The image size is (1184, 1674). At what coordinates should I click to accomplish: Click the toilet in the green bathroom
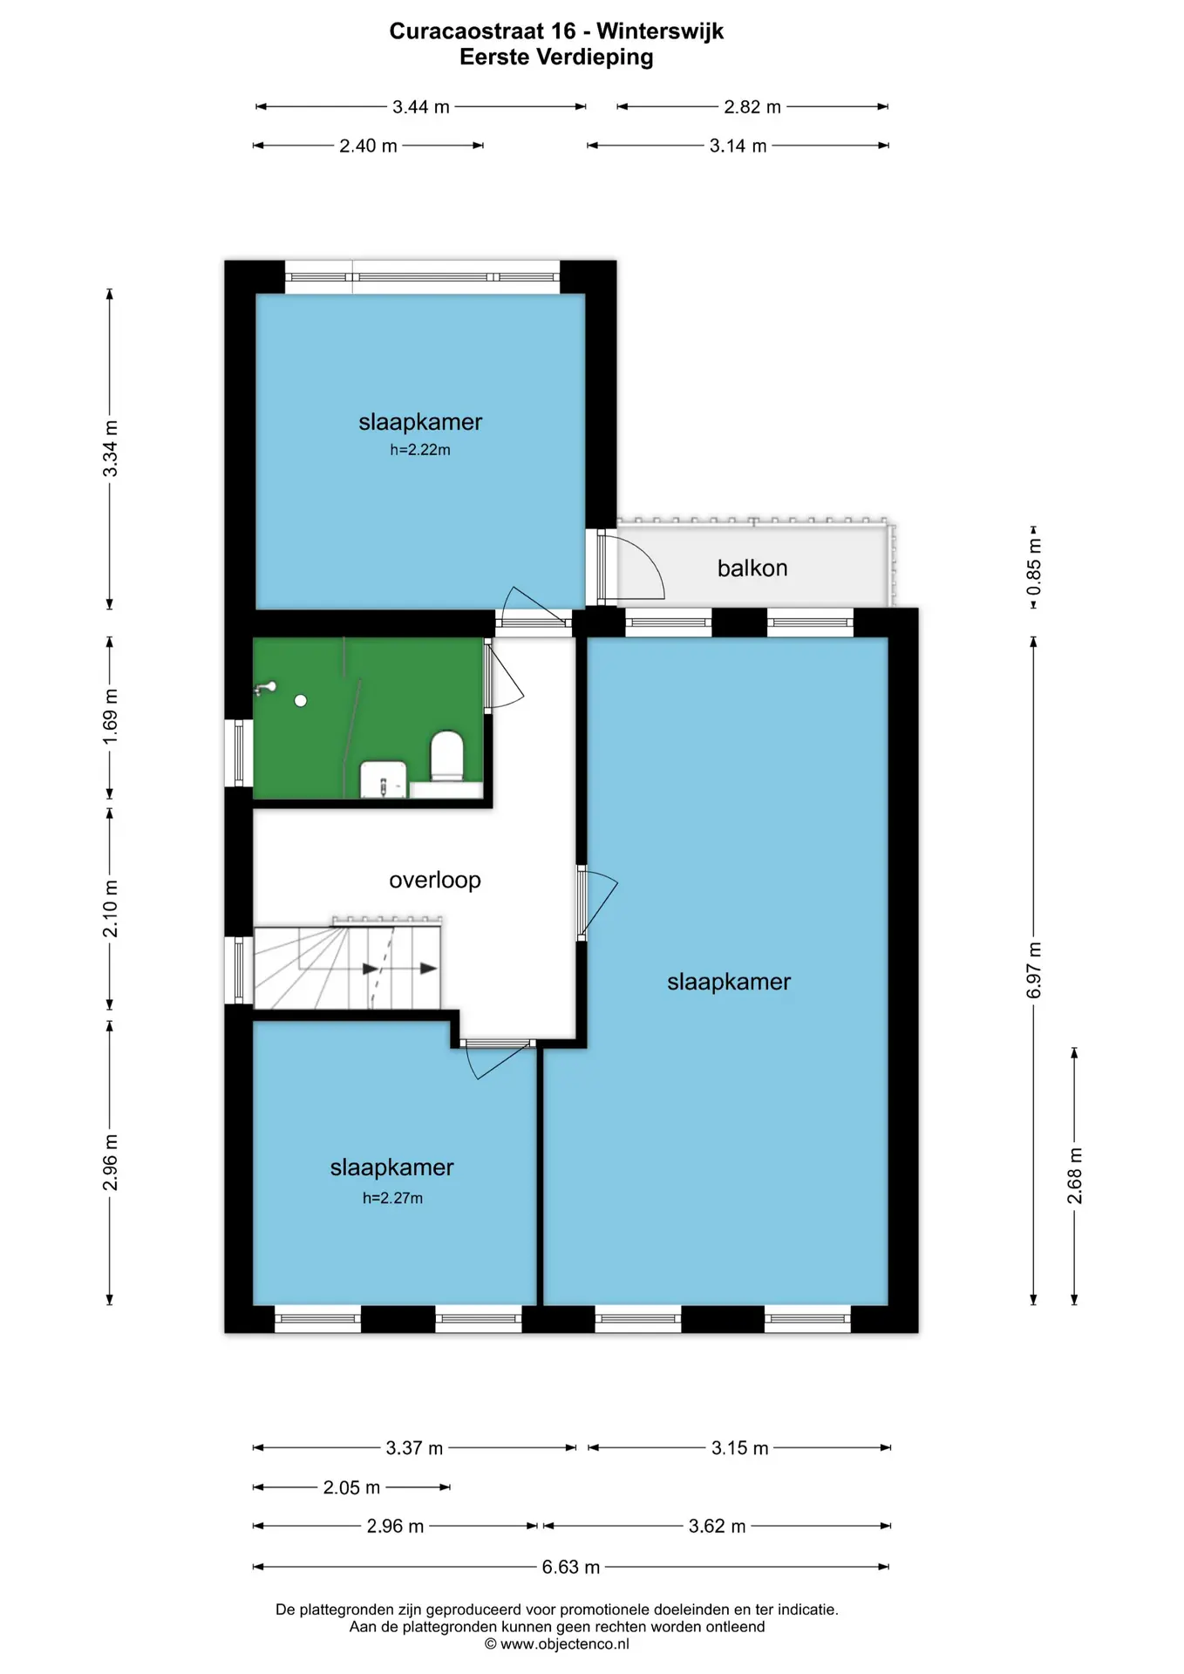coord(447,757)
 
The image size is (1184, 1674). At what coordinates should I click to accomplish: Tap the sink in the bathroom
coord(384,779)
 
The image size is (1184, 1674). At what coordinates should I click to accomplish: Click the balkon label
coord(752,568)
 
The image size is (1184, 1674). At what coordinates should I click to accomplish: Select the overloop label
coord(435,880)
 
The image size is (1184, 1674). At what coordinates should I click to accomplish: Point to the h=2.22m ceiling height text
coord(420,450)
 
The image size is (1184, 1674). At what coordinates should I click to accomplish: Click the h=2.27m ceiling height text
coord(392,1198)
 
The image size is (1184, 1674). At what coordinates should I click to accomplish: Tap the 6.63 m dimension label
coord(571,1567)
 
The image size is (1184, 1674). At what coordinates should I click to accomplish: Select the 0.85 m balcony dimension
coord(1034,567)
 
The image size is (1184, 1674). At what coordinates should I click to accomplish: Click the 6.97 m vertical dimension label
coord(1034,970)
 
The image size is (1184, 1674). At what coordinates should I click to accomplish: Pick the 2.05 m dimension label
coord(351,1487)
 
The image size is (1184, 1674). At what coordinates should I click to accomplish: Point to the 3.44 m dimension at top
coord(421,107)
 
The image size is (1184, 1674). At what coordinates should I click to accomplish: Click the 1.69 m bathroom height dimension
coord(111,718)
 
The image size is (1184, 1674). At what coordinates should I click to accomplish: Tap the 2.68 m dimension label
coord(1075,1176)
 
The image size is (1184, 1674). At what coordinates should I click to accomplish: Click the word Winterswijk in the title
coord(660,31)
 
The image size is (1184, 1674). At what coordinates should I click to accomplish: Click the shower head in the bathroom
coord(265,689)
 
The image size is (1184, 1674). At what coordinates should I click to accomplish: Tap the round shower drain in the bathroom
coord(301,701)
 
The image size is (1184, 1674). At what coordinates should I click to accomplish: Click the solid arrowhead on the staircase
coord(428,969)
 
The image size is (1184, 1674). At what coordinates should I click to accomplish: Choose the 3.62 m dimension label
coord(718,1527)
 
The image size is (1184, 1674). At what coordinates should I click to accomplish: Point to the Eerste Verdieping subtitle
coord(556,58)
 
